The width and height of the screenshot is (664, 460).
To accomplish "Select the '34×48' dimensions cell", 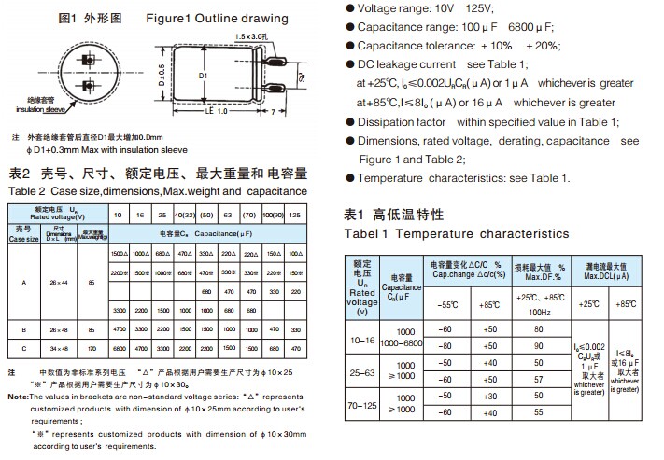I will pyautogui.click(x=59, y=346).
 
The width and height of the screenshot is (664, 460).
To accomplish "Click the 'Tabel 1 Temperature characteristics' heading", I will pyautogui.click(x=457, y=233).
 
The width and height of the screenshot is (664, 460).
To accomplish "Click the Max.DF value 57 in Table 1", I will pyautogui.click(x=537, y=380).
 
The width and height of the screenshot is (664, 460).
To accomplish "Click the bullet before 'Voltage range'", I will pyautogui.click(x=350, y=7).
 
